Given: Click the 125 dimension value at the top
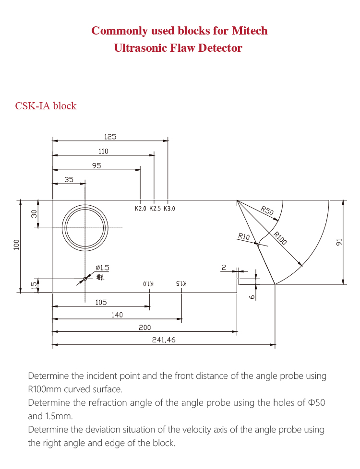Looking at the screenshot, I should [x=110, y=137].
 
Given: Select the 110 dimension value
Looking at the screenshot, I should [x=103, y=152].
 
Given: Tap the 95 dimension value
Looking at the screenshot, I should [x=96, y=166].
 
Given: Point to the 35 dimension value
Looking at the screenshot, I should [x=69, y=180].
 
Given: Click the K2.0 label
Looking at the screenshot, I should [x=140, y=209].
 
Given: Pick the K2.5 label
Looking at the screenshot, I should [x=155, y=209].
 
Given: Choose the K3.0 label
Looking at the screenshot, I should [x=169, y=209].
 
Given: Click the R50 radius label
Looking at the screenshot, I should [x=267, y=210].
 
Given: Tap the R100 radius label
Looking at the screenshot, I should [x=280, y=238].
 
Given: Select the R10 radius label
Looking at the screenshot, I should [x=244, y=236].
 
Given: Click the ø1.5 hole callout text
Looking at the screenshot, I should [x=103, y=267].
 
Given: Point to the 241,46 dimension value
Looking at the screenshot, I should [x=164, y=340].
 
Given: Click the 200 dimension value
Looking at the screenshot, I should [x=144, y=328].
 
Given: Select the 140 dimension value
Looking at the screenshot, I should [x=117, y=315].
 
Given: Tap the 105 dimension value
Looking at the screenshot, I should [x=101, y=303].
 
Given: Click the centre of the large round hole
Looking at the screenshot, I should [x=85, y=227].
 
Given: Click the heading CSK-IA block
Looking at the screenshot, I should [x=46, y=106].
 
